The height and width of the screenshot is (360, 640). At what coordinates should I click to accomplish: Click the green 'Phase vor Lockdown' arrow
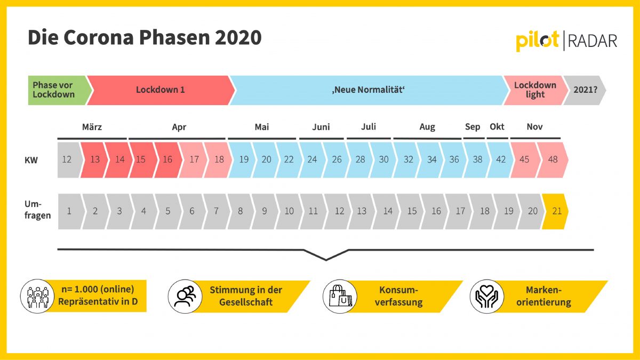pos(59,90)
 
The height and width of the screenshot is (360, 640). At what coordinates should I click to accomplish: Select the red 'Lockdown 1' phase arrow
pos(161,90)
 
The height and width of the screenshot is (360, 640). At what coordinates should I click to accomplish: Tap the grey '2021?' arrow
pos(585,90)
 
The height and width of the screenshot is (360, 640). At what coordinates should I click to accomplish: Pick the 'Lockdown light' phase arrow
pos(535,90)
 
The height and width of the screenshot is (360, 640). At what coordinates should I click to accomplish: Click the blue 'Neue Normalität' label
pos(369,90)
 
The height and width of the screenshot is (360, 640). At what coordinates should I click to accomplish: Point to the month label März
pos(92,126)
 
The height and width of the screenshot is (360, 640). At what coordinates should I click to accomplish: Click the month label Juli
pos(369,126)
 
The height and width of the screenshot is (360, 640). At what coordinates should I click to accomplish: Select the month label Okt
pos(497,126)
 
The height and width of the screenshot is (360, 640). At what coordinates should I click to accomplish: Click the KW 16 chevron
pos(168,159)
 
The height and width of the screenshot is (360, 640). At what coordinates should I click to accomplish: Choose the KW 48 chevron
pos(553,159)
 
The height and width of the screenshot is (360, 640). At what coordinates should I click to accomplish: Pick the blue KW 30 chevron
pos(383,159)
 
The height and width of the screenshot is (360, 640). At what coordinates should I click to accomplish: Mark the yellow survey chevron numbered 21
pos(555,211)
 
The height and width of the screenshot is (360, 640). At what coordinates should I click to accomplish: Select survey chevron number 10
pos(289,211)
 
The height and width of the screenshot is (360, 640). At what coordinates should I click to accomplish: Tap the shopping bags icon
pos(340,297)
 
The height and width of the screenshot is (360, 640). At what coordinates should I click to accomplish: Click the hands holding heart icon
pos(487,297)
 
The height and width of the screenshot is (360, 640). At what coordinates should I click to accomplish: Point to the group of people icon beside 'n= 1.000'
pos(37,297)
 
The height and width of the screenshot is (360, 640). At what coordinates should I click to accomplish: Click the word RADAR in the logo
pos(593,41)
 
